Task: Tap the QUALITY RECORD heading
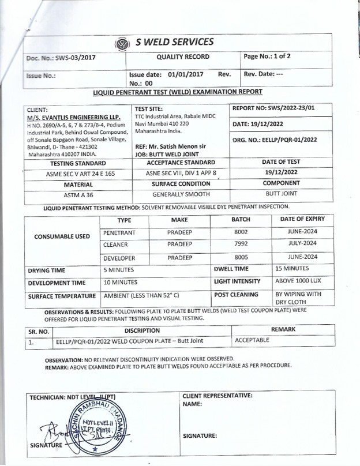183,57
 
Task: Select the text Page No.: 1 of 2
267,57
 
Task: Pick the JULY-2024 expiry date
302,244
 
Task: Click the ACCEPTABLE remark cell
252,341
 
